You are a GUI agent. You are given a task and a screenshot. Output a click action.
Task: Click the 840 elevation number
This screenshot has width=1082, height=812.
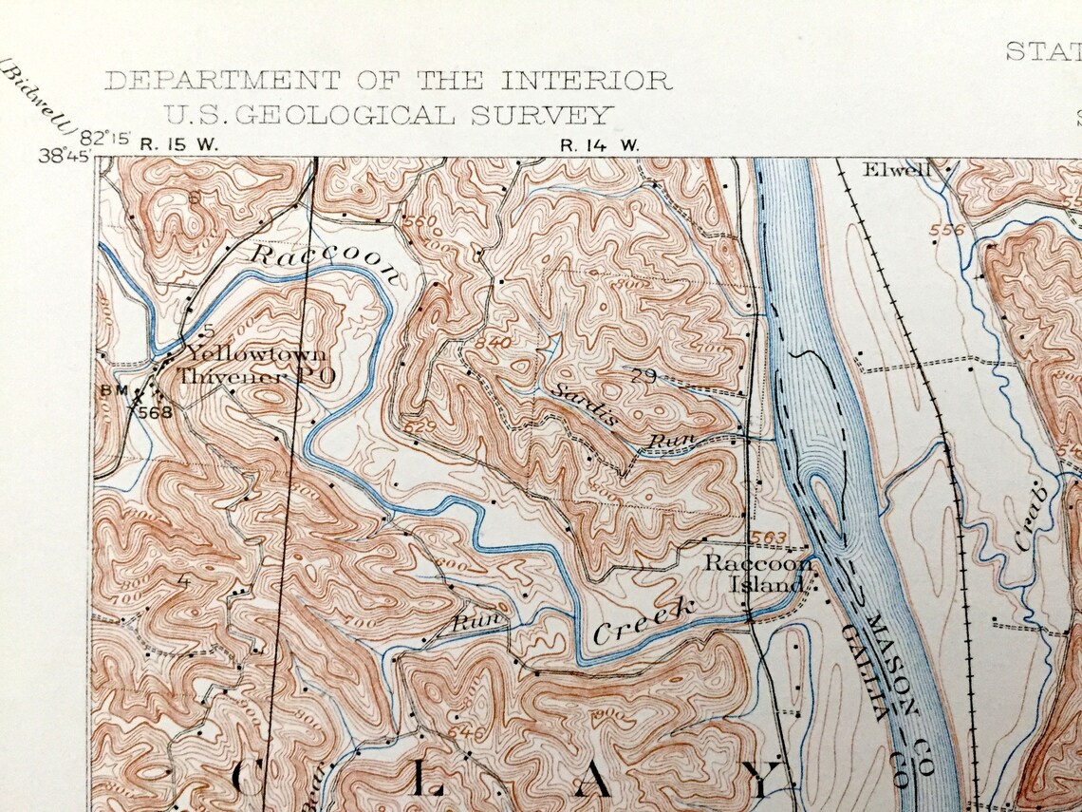point(494,343)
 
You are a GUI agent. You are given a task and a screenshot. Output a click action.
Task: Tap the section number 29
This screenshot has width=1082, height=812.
point(643,377)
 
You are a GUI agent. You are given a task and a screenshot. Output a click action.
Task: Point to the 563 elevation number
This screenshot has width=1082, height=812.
point(769,538)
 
